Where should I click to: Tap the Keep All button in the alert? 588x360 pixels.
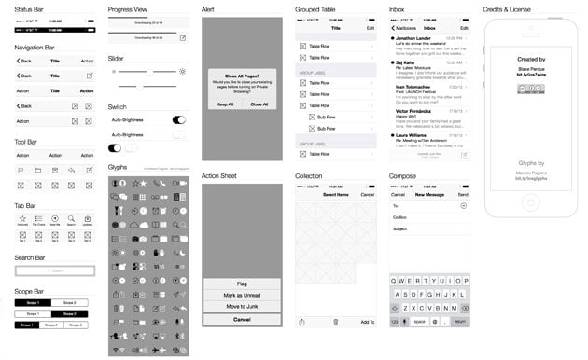pyautogui.click(x=226, y=104)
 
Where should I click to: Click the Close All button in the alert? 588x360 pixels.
pyautogui.click(x=259, y=104)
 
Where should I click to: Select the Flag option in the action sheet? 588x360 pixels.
pyautogui.click(x=242, y=284)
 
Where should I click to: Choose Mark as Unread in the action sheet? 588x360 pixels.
pyautogui.click(x=242, y=296)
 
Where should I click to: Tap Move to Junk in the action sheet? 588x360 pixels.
pyautogui.click(x=242, y=307)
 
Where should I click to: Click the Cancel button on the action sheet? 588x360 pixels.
pyautogui.click(x=242, y=320)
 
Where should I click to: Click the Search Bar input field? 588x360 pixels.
pyautogui.click(x=55, y=271)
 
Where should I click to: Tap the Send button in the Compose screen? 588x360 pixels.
pyautogui.click(x=463, y=194)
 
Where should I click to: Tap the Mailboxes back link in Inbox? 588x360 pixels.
pyautogui.click(x=405, y=29)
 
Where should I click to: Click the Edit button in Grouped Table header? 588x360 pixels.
pyautogui.click(x=371, y=29)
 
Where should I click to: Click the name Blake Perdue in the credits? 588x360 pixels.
pyautogui.click(x=531, y=66)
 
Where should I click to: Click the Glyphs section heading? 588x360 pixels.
pyautogui.click(x=118, y=167)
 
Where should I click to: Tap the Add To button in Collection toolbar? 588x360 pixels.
pyautogui.click(x=367, y=322)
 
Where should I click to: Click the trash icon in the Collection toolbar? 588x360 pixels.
pyautogui.click(x=335, y=322)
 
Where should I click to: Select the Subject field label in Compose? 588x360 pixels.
pyautogui.click(x=400, y=228)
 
